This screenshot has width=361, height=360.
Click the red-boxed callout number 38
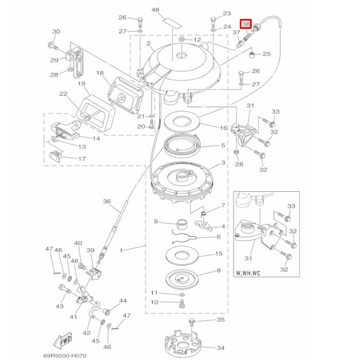(246, 24)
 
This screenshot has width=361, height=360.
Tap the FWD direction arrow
(64, 342)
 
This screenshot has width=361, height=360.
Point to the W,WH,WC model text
(248, 273)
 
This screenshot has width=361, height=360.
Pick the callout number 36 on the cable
(107, 201)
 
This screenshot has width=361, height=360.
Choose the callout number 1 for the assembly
(121, 250)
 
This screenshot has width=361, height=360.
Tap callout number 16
(223, 128)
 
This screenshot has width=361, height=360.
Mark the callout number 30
(56, 31)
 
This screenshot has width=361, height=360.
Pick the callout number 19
(82, 84)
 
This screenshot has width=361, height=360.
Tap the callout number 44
(123, 300)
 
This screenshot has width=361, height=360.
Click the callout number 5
(223, 146)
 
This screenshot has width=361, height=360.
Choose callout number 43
(59, 307)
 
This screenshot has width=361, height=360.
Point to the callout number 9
(155, 222)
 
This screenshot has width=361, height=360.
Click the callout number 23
(227, 14)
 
